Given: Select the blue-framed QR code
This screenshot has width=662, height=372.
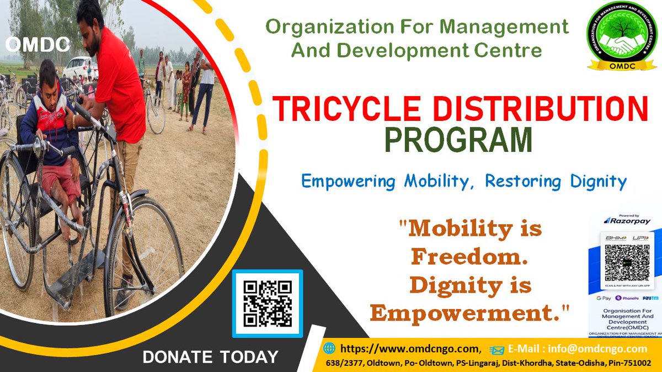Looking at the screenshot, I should click(x=268, y=304).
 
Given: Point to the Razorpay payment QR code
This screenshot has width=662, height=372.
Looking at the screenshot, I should click(x=627, y=264).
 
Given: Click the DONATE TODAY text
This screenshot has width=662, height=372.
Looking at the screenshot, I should click(x=210, y=357).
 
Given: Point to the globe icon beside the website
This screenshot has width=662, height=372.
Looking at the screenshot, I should click(x=329, y=348).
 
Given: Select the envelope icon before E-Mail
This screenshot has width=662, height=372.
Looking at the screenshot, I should click(x=496, y=349).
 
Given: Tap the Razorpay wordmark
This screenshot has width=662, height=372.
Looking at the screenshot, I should click(x=629, y=221).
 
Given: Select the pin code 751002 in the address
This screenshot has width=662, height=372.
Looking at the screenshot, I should click(x=634, y=363).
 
